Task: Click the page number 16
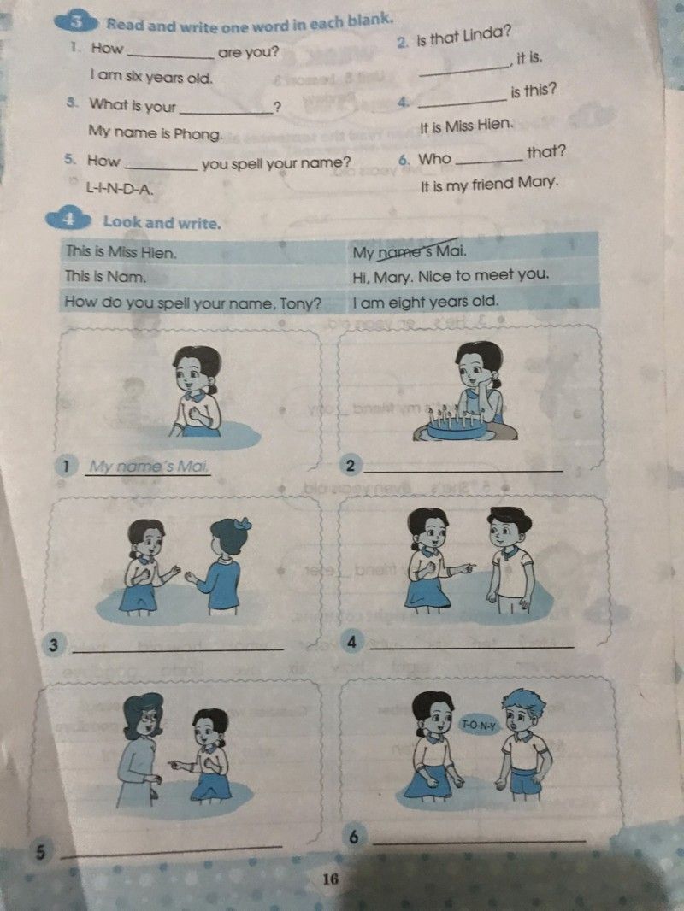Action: coord(330,879)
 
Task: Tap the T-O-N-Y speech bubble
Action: coord(479,725)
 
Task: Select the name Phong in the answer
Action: coord(198,135)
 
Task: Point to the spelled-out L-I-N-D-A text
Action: coord(120,188)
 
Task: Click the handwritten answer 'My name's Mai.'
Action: coord(149,467)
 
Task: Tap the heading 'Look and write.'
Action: coord(162,222)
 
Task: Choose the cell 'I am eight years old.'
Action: coord(426,302)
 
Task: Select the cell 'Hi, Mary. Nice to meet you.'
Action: coord(451,275)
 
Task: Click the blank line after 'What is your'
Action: coord(226,112)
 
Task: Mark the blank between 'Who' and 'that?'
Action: coord(489,161)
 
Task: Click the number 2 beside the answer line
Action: coord(350,466)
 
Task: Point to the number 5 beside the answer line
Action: coord(40,852)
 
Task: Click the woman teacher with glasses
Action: coord(141,749)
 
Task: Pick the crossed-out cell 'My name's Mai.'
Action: coord(410,251)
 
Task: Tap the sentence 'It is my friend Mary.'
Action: coord(489,185)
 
